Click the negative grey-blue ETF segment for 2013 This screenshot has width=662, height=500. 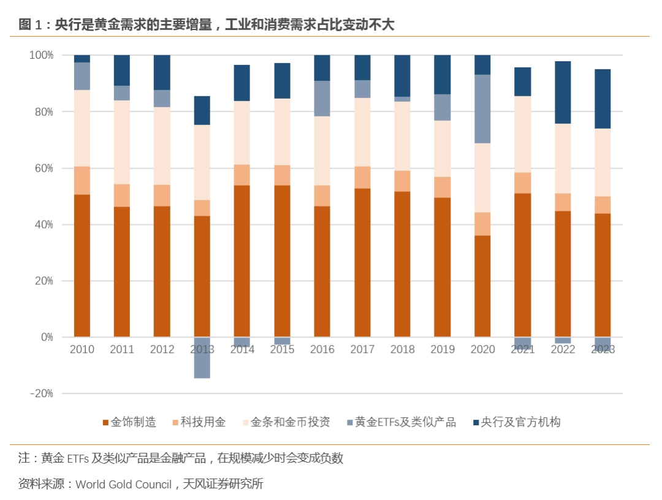tap(202, 358)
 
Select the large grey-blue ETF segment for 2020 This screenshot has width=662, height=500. tap(482, 109)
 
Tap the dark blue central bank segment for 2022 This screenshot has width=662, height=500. tap(563, 93)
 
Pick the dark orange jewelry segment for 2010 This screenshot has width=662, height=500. tap(82, 266)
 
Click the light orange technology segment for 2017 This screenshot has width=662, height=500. tap(362, 178)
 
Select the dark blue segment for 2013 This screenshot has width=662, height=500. tap(202, 110)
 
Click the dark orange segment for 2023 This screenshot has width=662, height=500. tap(603, 275)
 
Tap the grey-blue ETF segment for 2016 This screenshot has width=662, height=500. tap(322, 99)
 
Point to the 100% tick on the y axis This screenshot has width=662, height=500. tap(42, 56)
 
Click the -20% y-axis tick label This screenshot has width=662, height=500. tap(42, 394)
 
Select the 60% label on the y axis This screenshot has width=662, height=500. tap(42, 169)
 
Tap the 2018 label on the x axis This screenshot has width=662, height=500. tap(402, 350)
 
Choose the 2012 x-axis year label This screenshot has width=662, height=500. tap(162, 350)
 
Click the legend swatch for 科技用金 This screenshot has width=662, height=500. tap(175, 423)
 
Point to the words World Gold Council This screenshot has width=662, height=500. tap(123, 485)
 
